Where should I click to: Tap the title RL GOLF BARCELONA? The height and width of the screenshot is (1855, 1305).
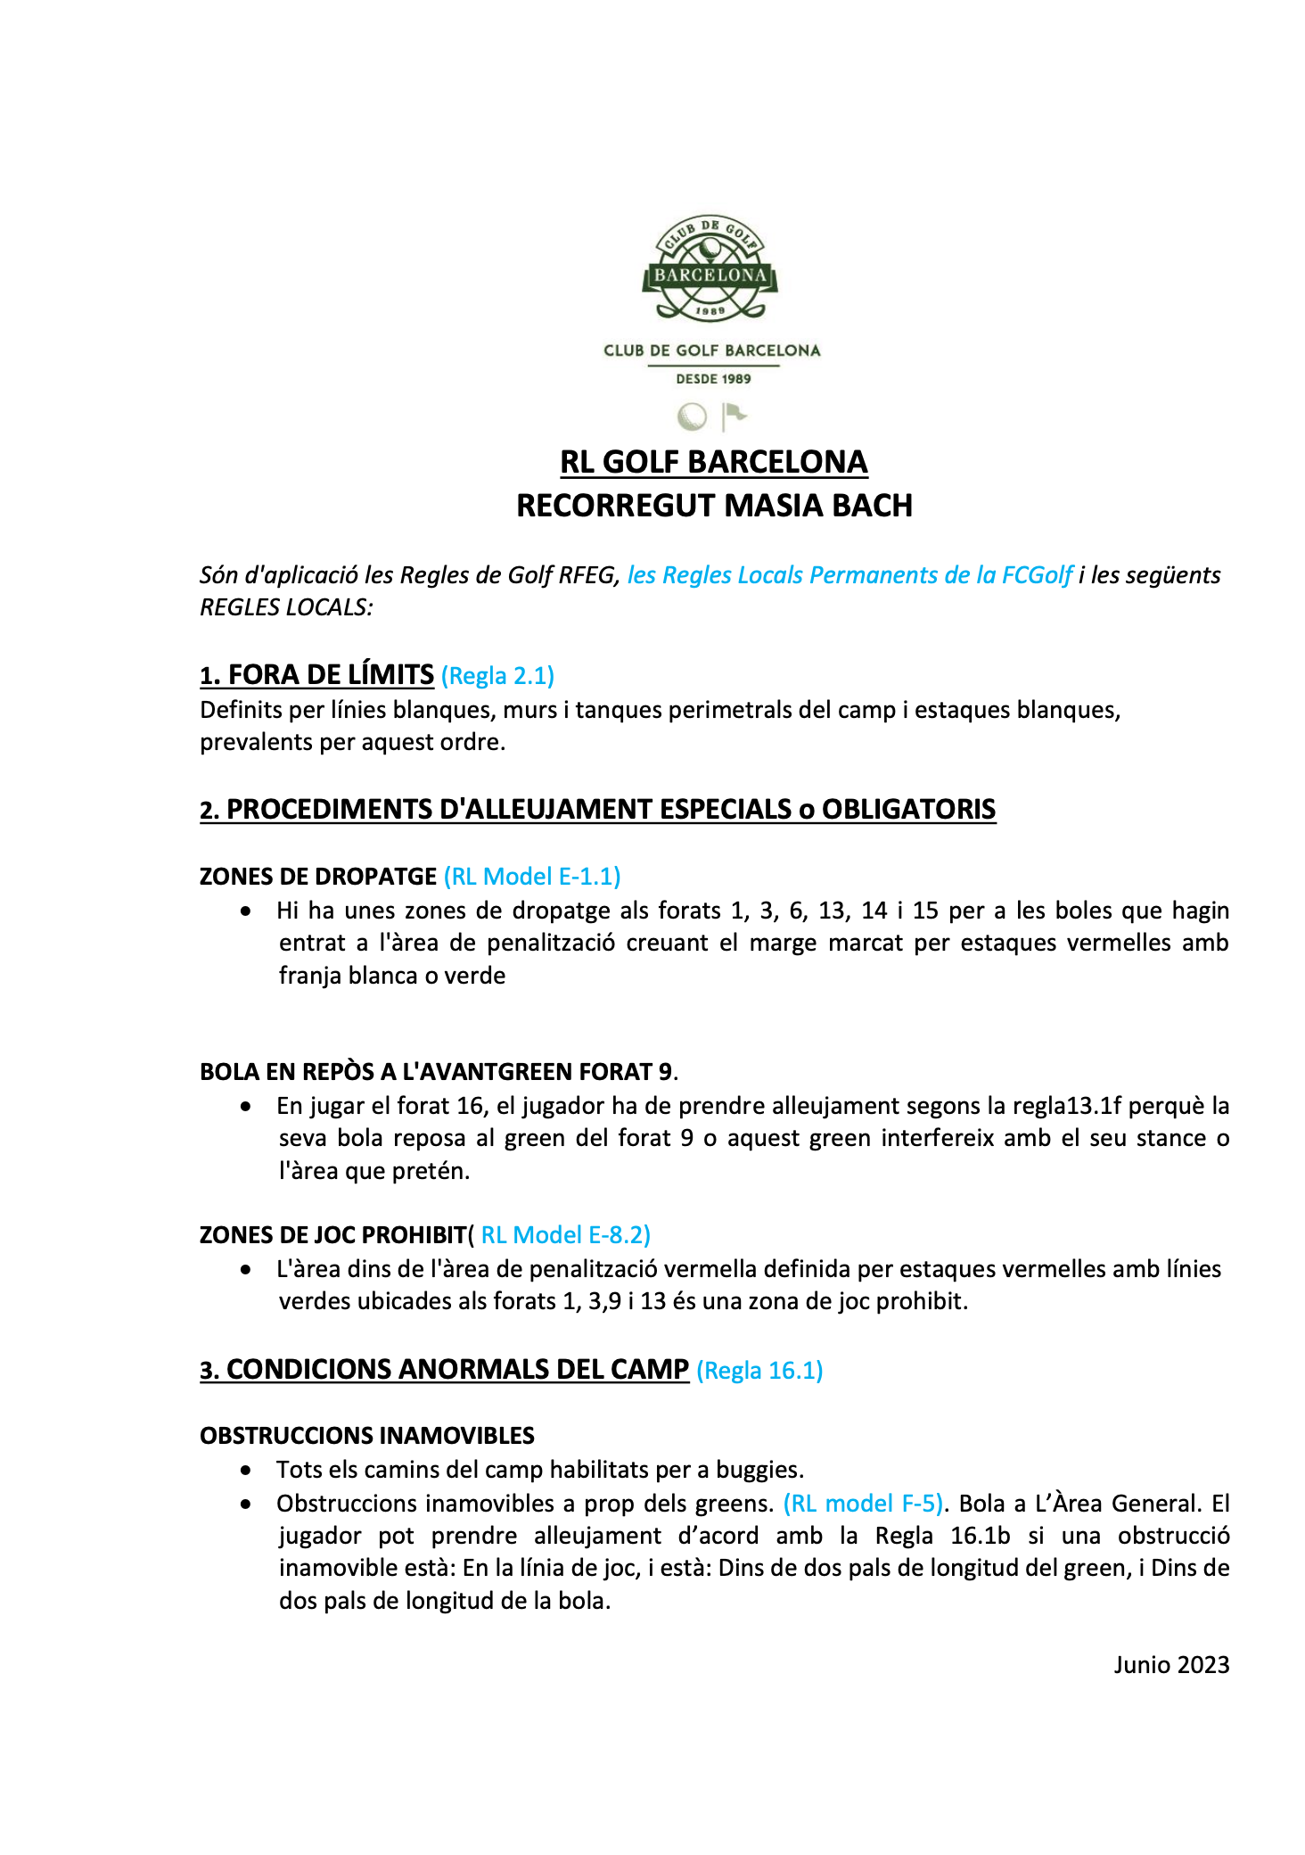pos(713,462)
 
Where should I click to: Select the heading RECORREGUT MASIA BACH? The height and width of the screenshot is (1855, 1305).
pos(714,506)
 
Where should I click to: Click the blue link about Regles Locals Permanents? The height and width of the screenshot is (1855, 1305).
pos(849,575)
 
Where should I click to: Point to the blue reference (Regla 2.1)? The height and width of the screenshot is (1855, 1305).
pos(497,676)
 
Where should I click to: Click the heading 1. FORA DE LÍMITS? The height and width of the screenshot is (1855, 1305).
pos(316,675)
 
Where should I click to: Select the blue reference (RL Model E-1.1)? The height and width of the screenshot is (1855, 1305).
pos(532,877)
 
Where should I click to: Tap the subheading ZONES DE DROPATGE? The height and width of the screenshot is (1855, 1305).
pos(318,877)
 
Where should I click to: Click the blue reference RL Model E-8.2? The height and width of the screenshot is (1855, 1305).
pos(565,1235)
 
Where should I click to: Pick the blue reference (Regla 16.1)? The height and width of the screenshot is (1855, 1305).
pos(759,1370)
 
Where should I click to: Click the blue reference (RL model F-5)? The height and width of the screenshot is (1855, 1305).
pos(863,1504)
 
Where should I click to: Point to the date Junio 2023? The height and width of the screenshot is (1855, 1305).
pos(1171,1665)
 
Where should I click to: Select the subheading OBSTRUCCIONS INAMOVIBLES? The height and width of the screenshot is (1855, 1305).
pos(367,1436)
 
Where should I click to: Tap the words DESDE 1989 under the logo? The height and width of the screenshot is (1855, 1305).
pos(713,379)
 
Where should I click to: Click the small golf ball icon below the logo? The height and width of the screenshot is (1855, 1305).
pos(692,416)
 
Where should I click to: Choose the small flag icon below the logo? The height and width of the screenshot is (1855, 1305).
pos(735,416)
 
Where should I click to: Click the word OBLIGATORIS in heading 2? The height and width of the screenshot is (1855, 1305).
pos(908,809)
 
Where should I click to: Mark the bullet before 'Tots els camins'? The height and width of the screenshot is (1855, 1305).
pos(246,1470)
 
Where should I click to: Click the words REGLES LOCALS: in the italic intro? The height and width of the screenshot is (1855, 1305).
pos(286,607)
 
